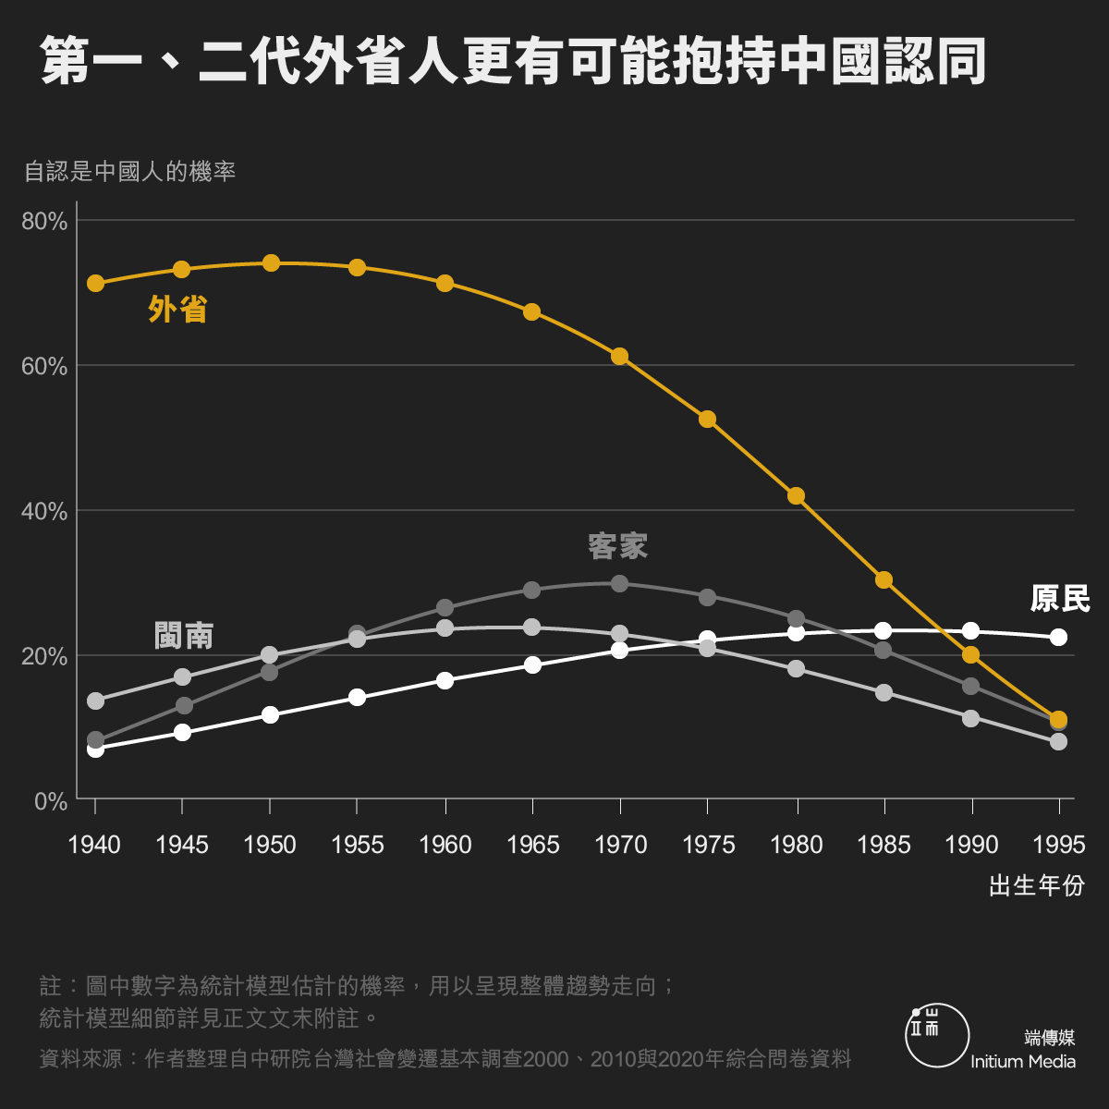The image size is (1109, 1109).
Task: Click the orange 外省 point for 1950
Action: (271, 263)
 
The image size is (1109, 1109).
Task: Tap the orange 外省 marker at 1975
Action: (708, 419)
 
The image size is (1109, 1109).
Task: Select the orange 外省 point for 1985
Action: (884, 580)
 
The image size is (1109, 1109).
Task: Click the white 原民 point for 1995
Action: (1059, 637)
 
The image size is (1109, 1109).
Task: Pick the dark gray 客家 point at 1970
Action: (620, 584)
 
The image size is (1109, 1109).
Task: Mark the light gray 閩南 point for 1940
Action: (95, 701)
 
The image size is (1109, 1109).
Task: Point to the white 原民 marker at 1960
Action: (445, 680)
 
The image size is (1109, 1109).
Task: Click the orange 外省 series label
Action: (177, 310)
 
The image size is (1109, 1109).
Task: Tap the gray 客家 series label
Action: (618, 546)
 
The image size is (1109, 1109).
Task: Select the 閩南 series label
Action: (184, 636)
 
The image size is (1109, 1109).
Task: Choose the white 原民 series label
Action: (1060, 599)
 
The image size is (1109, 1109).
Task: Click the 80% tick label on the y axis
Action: (45, 222)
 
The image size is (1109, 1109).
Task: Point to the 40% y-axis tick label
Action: (45, 511)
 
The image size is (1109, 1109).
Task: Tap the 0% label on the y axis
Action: (51, 801)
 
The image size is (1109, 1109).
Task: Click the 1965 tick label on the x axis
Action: (533, 845)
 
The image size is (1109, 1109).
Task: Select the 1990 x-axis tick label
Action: (971, 845)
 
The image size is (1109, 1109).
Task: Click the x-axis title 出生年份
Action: (1036, 885)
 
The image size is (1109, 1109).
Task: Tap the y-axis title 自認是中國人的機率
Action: (130, 172)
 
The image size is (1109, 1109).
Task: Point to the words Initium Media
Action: (1023, 1062)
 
